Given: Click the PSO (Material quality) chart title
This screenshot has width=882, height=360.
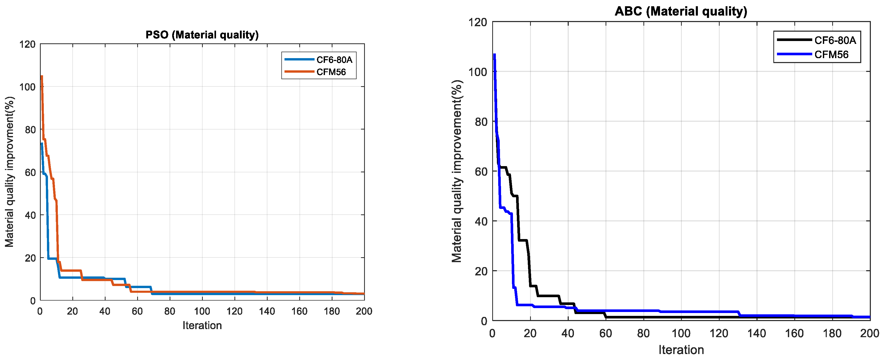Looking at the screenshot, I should click(x=202, y=35).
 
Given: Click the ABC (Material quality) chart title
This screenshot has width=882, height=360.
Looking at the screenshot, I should click(x=681, y=11).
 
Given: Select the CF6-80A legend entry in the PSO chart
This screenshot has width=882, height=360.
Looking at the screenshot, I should click(x=334, y=60).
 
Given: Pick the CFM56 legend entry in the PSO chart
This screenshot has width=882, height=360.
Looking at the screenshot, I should click(x=331, y=72).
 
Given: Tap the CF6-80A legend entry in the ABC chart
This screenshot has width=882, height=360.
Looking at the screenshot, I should click(x=835, y=40).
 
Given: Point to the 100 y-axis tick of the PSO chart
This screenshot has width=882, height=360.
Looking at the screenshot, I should click(x=27, y=87).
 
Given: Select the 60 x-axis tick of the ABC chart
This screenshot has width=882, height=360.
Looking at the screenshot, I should click(x=605, y=333).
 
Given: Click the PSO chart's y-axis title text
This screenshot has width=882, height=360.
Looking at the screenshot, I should click(x=10, y=172).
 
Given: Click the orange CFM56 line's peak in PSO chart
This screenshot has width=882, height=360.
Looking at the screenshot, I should click(x=42, y=76).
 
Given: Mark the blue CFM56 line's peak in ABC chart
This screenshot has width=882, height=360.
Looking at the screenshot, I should click(x=494, y=55).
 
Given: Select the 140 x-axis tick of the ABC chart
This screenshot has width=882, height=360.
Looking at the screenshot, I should click(x=756, y=333).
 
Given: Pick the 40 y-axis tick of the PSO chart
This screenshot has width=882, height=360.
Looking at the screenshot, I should click(x=30, y=215).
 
